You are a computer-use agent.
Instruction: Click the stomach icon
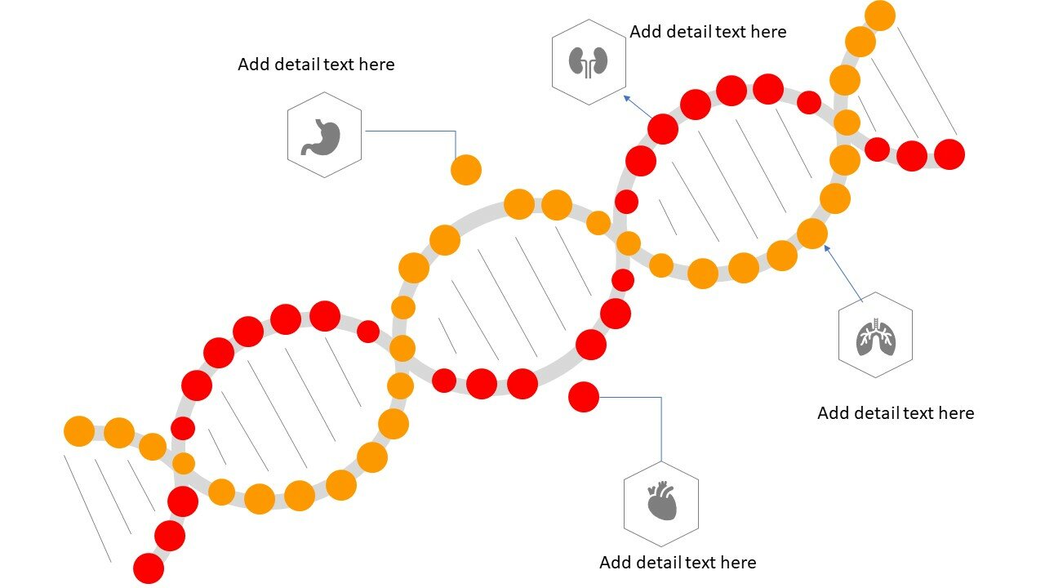[x=321, y=136]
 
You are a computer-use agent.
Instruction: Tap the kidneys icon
[x=588, y=62]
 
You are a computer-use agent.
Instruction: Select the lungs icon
[x=876, y=337]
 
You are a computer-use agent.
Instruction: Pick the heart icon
[x=662, y=501]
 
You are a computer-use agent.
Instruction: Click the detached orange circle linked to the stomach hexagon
[x=466, y=170]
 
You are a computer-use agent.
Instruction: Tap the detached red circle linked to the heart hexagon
[x=584, y=397]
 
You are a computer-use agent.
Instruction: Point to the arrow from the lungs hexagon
[x=843, y=274]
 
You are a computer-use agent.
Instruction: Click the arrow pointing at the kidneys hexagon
[x=638, y=107]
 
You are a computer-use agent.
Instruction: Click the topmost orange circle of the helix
[x=880, y=16]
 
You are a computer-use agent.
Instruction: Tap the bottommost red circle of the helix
[x=149, y=568]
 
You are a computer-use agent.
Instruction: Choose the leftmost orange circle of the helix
[x=79, y=431]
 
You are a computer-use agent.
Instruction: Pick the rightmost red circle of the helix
[x=949, y=154]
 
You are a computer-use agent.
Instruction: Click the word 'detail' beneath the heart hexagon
[x=657, y=563]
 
